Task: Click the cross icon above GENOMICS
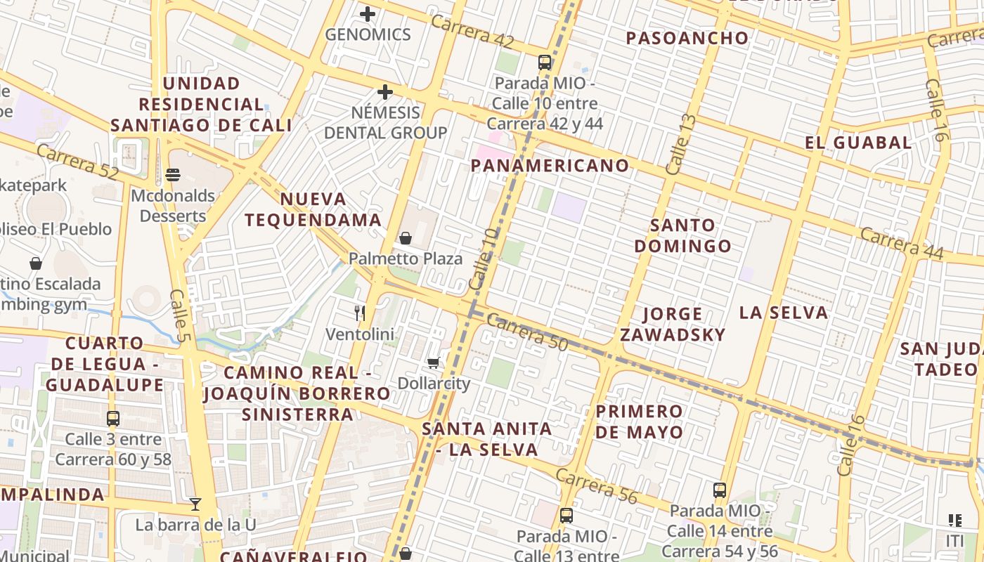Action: [368, 13]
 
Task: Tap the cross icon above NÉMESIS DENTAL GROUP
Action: [384, 92]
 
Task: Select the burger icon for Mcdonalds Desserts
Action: [173, 175]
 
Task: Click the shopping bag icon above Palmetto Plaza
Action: [406, 238]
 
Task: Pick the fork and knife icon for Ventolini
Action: [360, 313]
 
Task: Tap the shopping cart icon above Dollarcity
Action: [433, 363]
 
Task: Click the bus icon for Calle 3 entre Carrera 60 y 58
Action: [112, 419]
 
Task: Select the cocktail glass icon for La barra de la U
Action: [195, 504]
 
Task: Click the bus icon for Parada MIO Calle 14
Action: [719, 490]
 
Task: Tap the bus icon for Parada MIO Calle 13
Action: [566, 516]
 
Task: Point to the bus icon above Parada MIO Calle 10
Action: [545, 63]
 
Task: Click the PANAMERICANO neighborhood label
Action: [550, 166]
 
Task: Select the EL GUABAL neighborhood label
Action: [858, 143]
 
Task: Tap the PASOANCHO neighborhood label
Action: [687, 39]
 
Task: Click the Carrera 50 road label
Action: [526, 331]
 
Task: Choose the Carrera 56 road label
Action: [597, 485]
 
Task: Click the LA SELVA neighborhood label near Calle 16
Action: [784, 313]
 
